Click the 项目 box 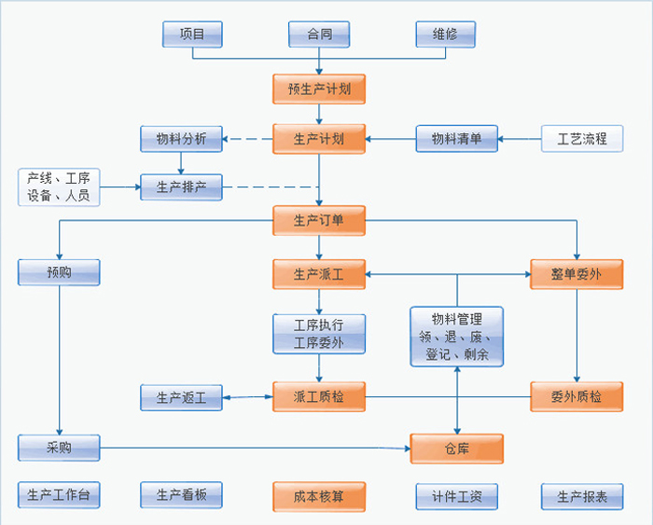pyautogui.click(x=193, y=35)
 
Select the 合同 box pyautogui.click(x=319, y=35)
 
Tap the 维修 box pyautogui.click(x=445, y=35)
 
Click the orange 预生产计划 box pyautogui.click(x=319, y=89)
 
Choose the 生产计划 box pyautogui.click(x=319, y=139)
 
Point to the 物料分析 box pyautogui.click(x=181, y=139)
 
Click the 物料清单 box pyautogui.click(x=456, y=139)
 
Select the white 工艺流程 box pyautogui.click(x=582, y=139)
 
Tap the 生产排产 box pyautogui.click(x=181, y=187)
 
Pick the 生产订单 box pyautogui.click(x=319, y=221)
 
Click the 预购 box pyautogui.click(x=59, y=272)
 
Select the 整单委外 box pyautogui.click(x=577, y=274)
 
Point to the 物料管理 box pyautogui.click(x=457, y=337)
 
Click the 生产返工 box pyautogui.click(x=181, y=397)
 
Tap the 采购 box pyautogui.click(x=59, y=448)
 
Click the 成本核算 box pyautogui.click(x=319, y=496)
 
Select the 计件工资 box pyautogui.click(x=456, y=496)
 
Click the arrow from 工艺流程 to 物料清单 pyautogui.click(x=520, y=140)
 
